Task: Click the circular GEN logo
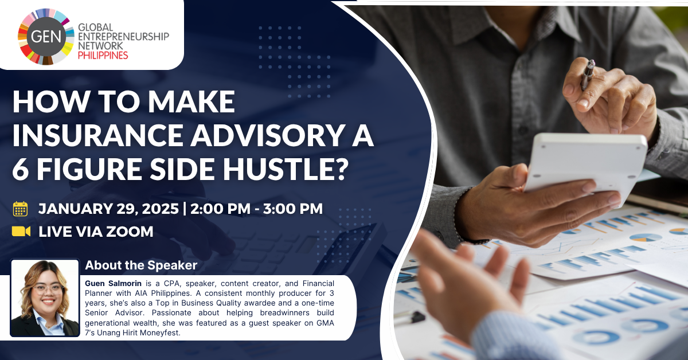46,37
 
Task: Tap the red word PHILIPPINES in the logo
103,56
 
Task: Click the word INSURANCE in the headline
98,135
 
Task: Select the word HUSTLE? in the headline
286,169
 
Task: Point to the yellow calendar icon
20,209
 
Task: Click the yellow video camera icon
21,231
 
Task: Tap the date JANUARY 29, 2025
108,209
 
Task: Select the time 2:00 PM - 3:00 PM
256,209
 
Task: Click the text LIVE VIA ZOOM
96,232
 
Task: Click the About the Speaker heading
141,265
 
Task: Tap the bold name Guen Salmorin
113,283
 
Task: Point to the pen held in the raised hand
588,75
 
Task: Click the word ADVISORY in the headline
267,135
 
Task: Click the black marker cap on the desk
415,316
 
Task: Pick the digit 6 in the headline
21,169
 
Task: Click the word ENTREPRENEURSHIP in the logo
123,37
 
